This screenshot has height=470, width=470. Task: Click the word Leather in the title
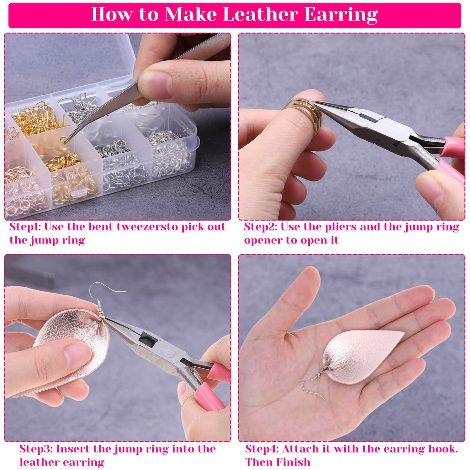click(260, 14)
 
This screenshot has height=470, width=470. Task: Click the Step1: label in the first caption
click(25, 227)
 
